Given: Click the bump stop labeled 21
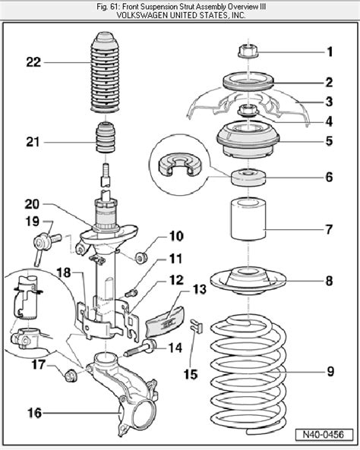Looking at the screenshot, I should [107, 141].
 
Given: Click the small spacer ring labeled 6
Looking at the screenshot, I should [248, 179].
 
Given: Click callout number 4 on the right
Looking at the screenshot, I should [330, 120].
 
